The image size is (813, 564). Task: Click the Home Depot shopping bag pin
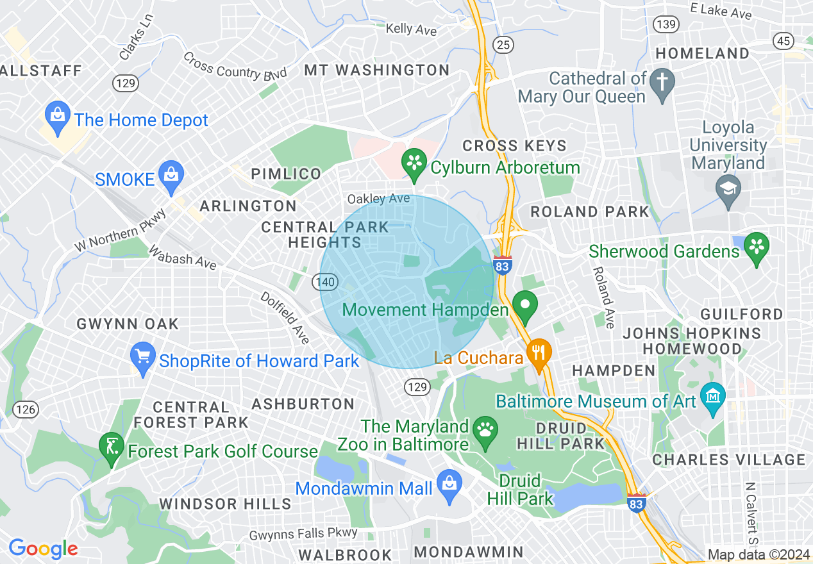point(57,116)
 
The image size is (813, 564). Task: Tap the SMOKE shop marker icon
point(171,174)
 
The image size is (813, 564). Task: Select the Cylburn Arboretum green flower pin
point(414,163)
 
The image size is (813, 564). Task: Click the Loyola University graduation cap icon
point(728,188)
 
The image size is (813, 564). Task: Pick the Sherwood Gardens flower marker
point(756,246)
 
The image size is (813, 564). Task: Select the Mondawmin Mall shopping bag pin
point(448,484)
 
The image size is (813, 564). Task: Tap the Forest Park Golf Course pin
point(112,446)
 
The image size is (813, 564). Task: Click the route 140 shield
point(324,281)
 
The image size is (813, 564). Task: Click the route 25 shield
point(503,44)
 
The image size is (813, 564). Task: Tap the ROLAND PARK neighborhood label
point(590,212)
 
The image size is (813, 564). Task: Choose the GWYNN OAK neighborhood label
point(128,324)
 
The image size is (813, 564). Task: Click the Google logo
point(43,549)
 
